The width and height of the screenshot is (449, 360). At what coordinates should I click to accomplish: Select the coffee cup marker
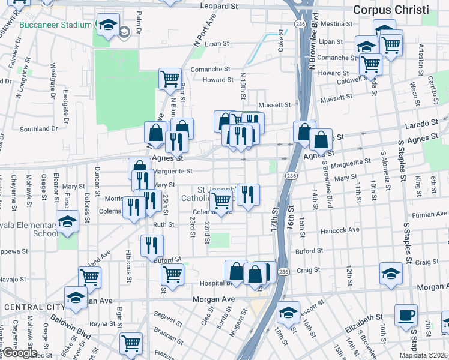[406, 314]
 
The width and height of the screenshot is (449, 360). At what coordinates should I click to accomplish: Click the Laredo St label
[422, 123]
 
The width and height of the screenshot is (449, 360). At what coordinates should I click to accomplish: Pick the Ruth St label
[163, 224]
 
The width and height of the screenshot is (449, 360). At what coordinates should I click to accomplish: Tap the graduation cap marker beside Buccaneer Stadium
[108, 25]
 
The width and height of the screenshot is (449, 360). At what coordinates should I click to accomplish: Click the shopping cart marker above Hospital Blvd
[172, 274]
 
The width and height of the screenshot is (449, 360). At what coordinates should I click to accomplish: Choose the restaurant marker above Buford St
[152, 244]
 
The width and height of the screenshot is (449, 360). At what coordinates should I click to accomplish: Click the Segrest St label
[163, 314]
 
